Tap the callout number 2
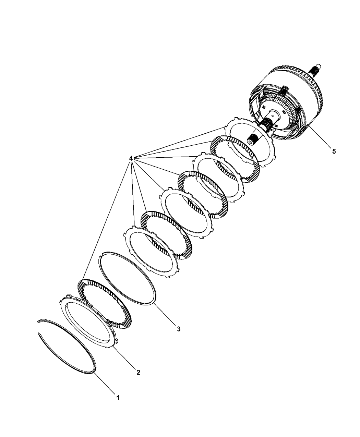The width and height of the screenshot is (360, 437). click(x=138, y=372)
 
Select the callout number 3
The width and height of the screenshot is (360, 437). click(x=179, y=329)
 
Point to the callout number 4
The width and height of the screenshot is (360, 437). click(x=131, y=158)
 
